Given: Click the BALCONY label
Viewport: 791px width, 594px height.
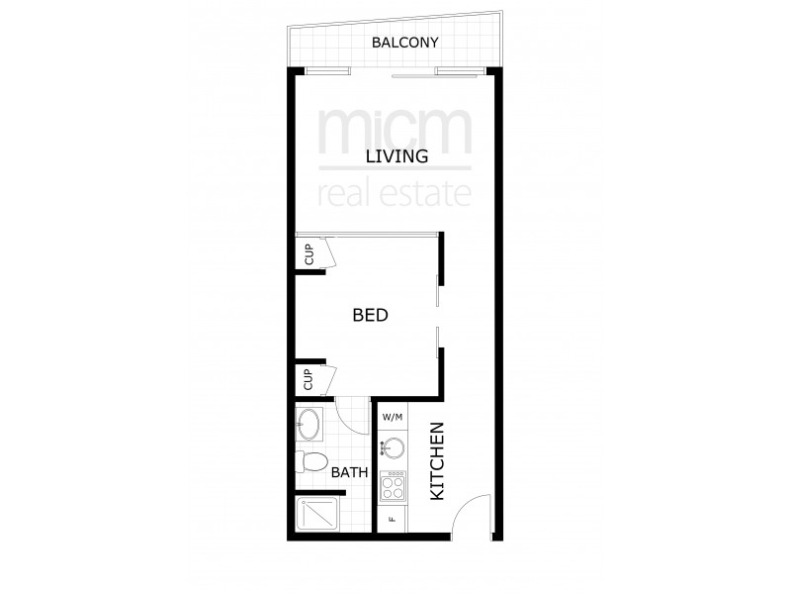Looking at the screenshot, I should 404,43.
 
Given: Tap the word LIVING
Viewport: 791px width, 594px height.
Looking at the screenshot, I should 395,156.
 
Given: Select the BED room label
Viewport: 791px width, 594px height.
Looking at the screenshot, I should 369,316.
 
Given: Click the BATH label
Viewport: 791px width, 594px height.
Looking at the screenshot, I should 349,472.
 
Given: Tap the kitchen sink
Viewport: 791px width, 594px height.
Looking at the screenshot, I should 395,447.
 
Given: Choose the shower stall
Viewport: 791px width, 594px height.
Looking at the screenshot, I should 314,515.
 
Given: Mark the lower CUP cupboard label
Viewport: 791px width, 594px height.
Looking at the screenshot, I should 308,379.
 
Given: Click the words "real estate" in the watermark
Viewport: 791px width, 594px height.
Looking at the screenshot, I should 395,191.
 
